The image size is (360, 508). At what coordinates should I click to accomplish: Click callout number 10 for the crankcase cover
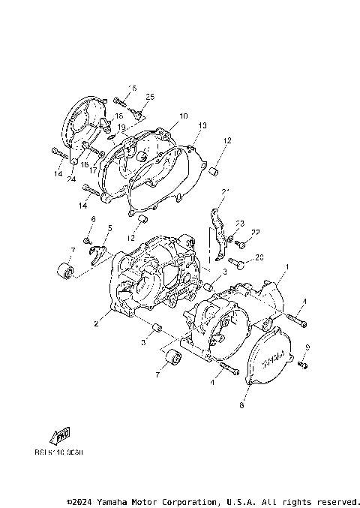[183, 116]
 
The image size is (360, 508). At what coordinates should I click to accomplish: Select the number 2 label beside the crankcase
[95, 324]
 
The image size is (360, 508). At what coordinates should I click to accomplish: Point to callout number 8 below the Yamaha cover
[241, 406]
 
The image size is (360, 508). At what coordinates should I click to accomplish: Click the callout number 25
[149, 97]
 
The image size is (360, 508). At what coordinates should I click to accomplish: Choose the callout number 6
[94, 218]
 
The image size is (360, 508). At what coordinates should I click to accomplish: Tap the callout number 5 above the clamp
[109, 227]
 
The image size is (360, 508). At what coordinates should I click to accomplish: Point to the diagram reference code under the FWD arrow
[58, 453]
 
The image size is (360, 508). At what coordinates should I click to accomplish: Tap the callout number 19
[121, 128]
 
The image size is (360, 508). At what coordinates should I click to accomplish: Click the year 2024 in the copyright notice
[84, 501]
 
